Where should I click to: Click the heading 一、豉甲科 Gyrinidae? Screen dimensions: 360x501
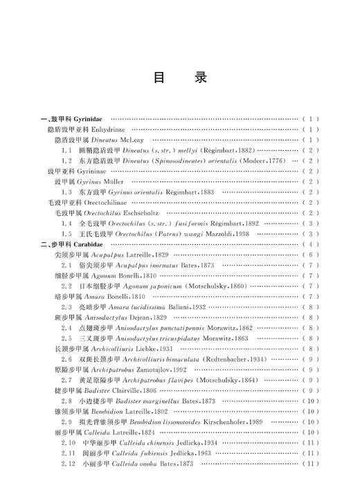tap(72, 119)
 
